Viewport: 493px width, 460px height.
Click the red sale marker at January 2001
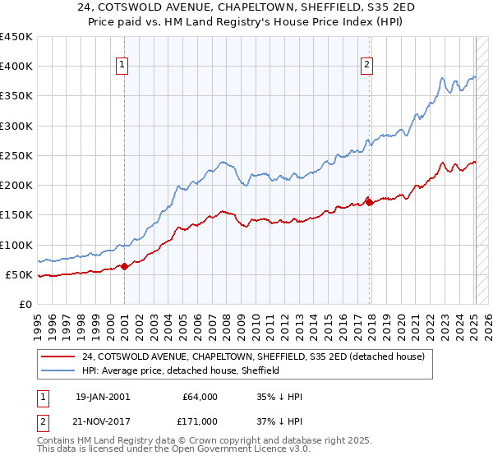pos(124,265)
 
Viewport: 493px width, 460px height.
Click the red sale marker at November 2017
pos(369,201)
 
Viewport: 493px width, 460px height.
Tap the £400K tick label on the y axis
pos(16,67)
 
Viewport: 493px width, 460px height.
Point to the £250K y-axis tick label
pos(16,155)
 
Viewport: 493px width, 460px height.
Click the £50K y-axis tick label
pos(20,274)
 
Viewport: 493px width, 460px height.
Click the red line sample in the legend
pos(59,356)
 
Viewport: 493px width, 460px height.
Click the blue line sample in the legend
pos(59,370)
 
